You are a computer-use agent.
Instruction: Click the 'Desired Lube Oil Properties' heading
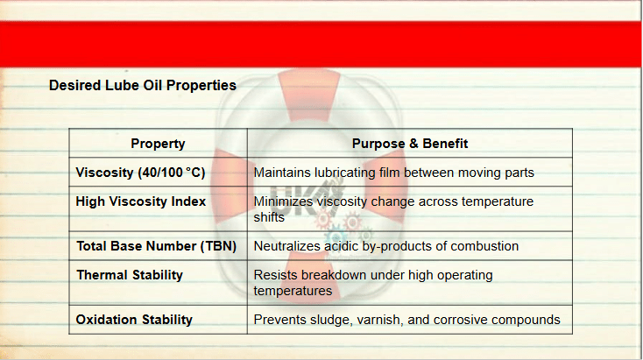pyautogui.click(x=143, y=86)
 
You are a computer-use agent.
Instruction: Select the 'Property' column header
pyautogui.click(x=158, y=144)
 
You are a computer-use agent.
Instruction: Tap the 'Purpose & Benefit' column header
pyautogui.click(x=410, y=144)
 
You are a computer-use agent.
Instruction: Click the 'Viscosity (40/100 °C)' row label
pyautogui.click(x=140, y=173)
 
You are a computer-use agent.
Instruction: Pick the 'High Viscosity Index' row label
pyautogui.click(x=141, y=201)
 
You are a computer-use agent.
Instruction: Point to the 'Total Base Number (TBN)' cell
pyautogui.click(x=156, y=246)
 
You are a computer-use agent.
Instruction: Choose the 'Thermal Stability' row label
pyautogui.click(x=130, y=275)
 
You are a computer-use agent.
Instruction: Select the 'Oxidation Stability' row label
pyautogui.click(x=134, y=320)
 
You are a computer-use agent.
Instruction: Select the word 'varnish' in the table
pyautogui.click(x=380, y=320)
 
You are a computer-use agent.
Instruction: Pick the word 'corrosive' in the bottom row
pyautogui.click(x=461, y=320)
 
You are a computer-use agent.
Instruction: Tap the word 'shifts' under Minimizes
pyautogui.click(x=269, y=217)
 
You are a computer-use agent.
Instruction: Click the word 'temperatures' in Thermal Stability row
pyautogui.click(x=293, y=291)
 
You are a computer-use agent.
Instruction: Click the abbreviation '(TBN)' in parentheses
pyautogui.click(x=218, y=246)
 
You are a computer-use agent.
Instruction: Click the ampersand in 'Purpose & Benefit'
pyautogui.click(x=413, y=144)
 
